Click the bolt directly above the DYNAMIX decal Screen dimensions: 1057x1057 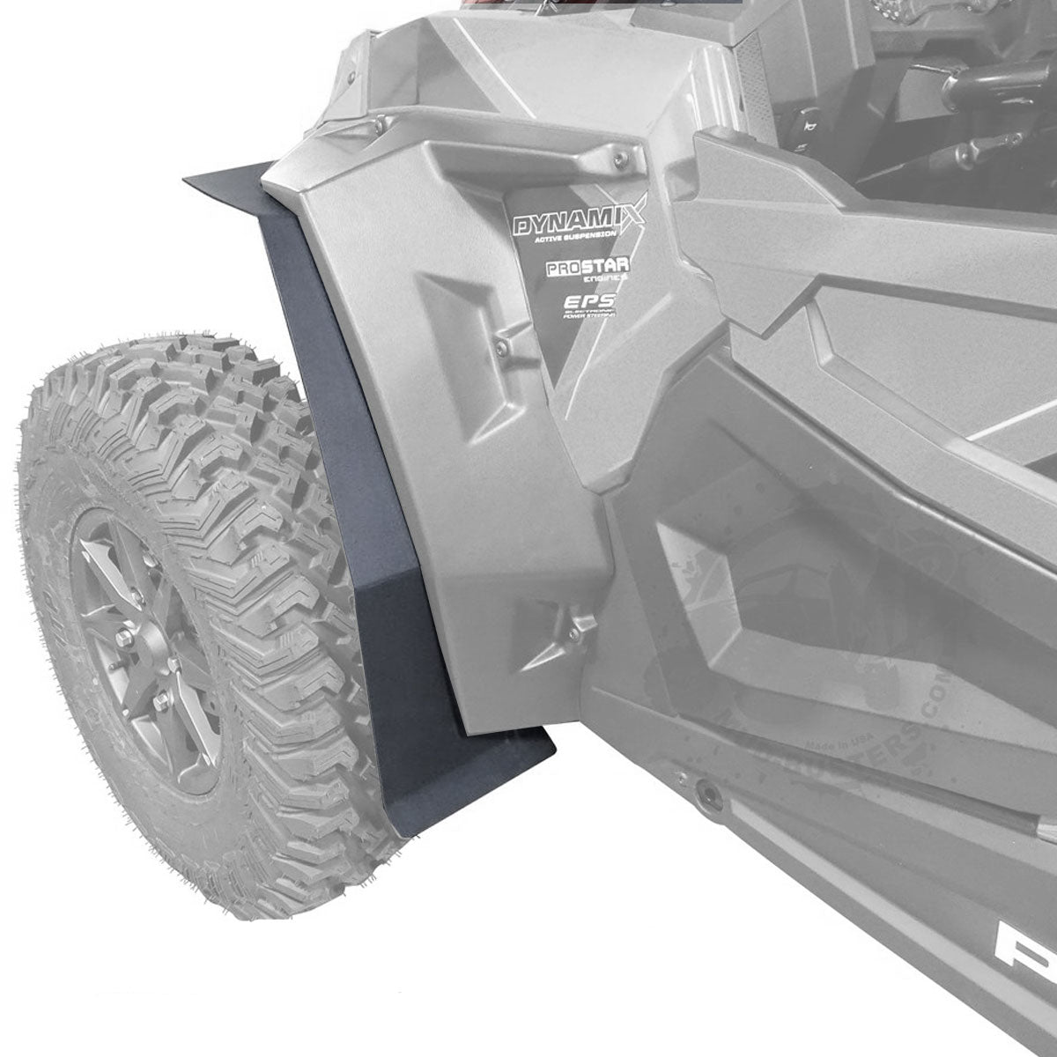click(623, 158)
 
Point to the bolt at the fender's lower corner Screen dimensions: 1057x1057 click(573, 632)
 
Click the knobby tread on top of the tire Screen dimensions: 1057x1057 click(176, 379)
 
